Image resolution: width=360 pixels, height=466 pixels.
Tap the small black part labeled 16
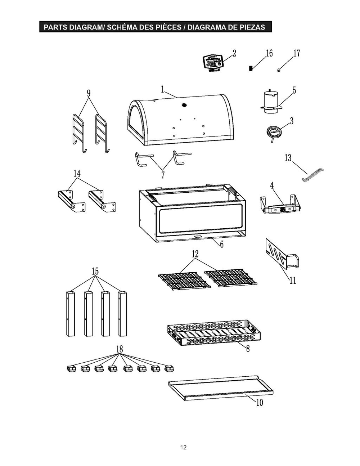(251, 68)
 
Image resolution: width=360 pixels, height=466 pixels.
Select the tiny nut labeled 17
(279, 70)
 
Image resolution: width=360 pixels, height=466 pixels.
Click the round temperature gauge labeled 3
(273, 132)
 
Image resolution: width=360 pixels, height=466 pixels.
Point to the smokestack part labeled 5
(270, 102)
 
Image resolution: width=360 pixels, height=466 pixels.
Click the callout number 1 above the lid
(163, 89)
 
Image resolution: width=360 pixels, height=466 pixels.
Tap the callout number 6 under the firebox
(222, 245)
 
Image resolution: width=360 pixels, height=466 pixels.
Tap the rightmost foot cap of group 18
(169, 369)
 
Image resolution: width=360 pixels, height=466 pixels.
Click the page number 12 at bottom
(184, 448)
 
